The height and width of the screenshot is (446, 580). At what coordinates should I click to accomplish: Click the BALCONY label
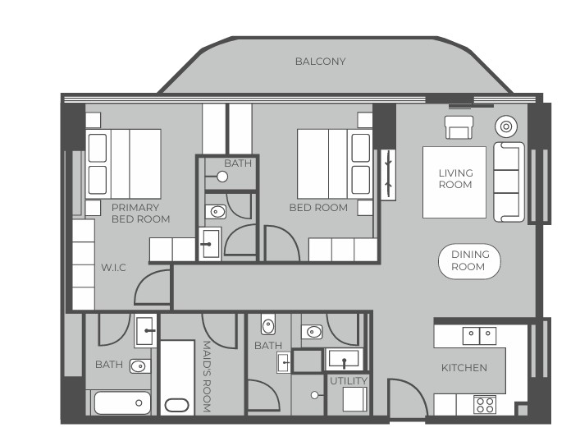(x=320, y=62)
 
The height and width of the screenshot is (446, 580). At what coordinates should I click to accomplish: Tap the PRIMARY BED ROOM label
(x=140, y=214)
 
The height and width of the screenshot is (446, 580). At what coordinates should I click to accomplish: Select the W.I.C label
(x=113, y=268)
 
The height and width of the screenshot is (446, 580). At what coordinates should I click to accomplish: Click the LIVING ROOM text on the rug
(x=456, y=178)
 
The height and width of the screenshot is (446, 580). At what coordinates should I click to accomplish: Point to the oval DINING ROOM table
(x=469, y=261)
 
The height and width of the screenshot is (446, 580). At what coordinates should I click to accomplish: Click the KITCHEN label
(x=464, y=368)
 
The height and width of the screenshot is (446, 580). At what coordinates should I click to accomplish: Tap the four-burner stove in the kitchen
(x=485, y=404)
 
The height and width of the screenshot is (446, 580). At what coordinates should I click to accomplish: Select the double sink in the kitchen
(x=479, y=336)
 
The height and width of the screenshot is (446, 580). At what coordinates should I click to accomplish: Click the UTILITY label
(x=349, y=381)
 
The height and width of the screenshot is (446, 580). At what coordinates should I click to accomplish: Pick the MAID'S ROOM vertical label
(x=207, y=377)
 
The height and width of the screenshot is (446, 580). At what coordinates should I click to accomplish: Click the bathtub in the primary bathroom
(x=122, y=402)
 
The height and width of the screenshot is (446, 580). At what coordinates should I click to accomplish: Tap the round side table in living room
(x=506, y=126)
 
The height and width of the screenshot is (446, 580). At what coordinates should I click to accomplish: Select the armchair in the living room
(x=459, y=127)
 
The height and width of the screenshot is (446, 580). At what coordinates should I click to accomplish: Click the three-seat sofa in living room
(x=509, y=182)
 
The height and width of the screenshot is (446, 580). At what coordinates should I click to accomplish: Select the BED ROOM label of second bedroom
(x=318, y=208)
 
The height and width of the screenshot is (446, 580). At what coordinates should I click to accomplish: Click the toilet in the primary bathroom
(x=140, y=366)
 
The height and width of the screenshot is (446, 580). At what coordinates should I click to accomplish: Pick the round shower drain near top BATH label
(x=222, y=177)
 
